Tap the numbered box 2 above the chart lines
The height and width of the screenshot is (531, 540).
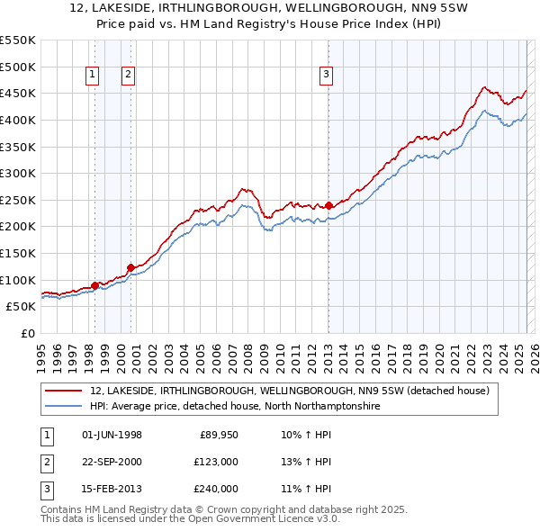[x=129, y=76]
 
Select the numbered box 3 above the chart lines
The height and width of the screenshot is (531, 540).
[x=326, y=76]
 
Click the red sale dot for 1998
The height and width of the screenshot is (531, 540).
[x=94, y=284]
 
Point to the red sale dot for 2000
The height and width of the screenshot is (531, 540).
[x=130, y=266]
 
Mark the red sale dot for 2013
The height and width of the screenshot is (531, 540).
[x=328, y=205]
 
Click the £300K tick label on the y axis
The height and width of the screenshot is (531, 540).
[x=18, y=173]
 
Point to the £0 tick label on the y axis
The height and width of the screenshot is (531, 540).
[x=28, y=333]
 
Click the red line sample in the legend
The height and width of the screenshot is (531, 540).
[x=63, y=391]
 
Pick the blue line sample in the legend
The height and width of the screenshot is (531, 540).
[x=63, y=407]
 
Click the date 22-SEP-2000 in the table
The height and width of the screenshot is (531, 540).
[x=112, y=462]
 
